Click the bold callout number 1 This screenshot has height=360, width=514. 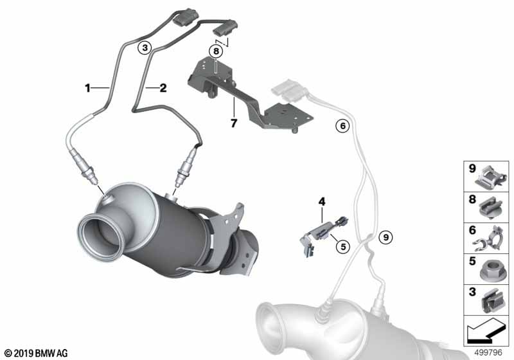pyautogui.click(x=87, y=88)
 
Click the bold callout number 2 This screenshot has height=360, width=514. pyautogui.click(x=163, y=88)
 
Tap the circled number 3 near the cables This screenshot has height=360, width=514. pyautogui.click(x=145, y=48)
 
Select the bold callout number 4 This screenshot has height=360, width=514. pyautogui.click(x=322, y=201)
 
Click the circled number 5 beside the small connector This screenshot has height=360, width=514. pyautogui.click(x=343, y=246)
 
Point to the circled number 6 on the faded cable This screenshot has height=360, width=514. pyautogui.click(x=342, y=125)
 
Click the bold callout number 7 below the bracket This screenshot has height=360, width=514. pyautogui.click(x=233, y=123)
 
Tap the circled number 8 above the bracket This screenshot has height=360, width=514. pyautogui.click(x=216, y=51)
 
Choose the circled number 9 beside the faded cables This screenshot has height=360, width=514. pyautogui.click(x=385, y=237)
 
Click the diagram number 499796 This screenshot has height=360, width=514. pyautogui.click(x=488, y=352)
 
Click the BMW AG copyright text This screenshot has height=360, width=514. pyautogui.click(x=37, y=353)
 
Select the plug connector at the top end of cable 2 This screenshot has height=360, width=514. pyautogui.click(x=226, y=28)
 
